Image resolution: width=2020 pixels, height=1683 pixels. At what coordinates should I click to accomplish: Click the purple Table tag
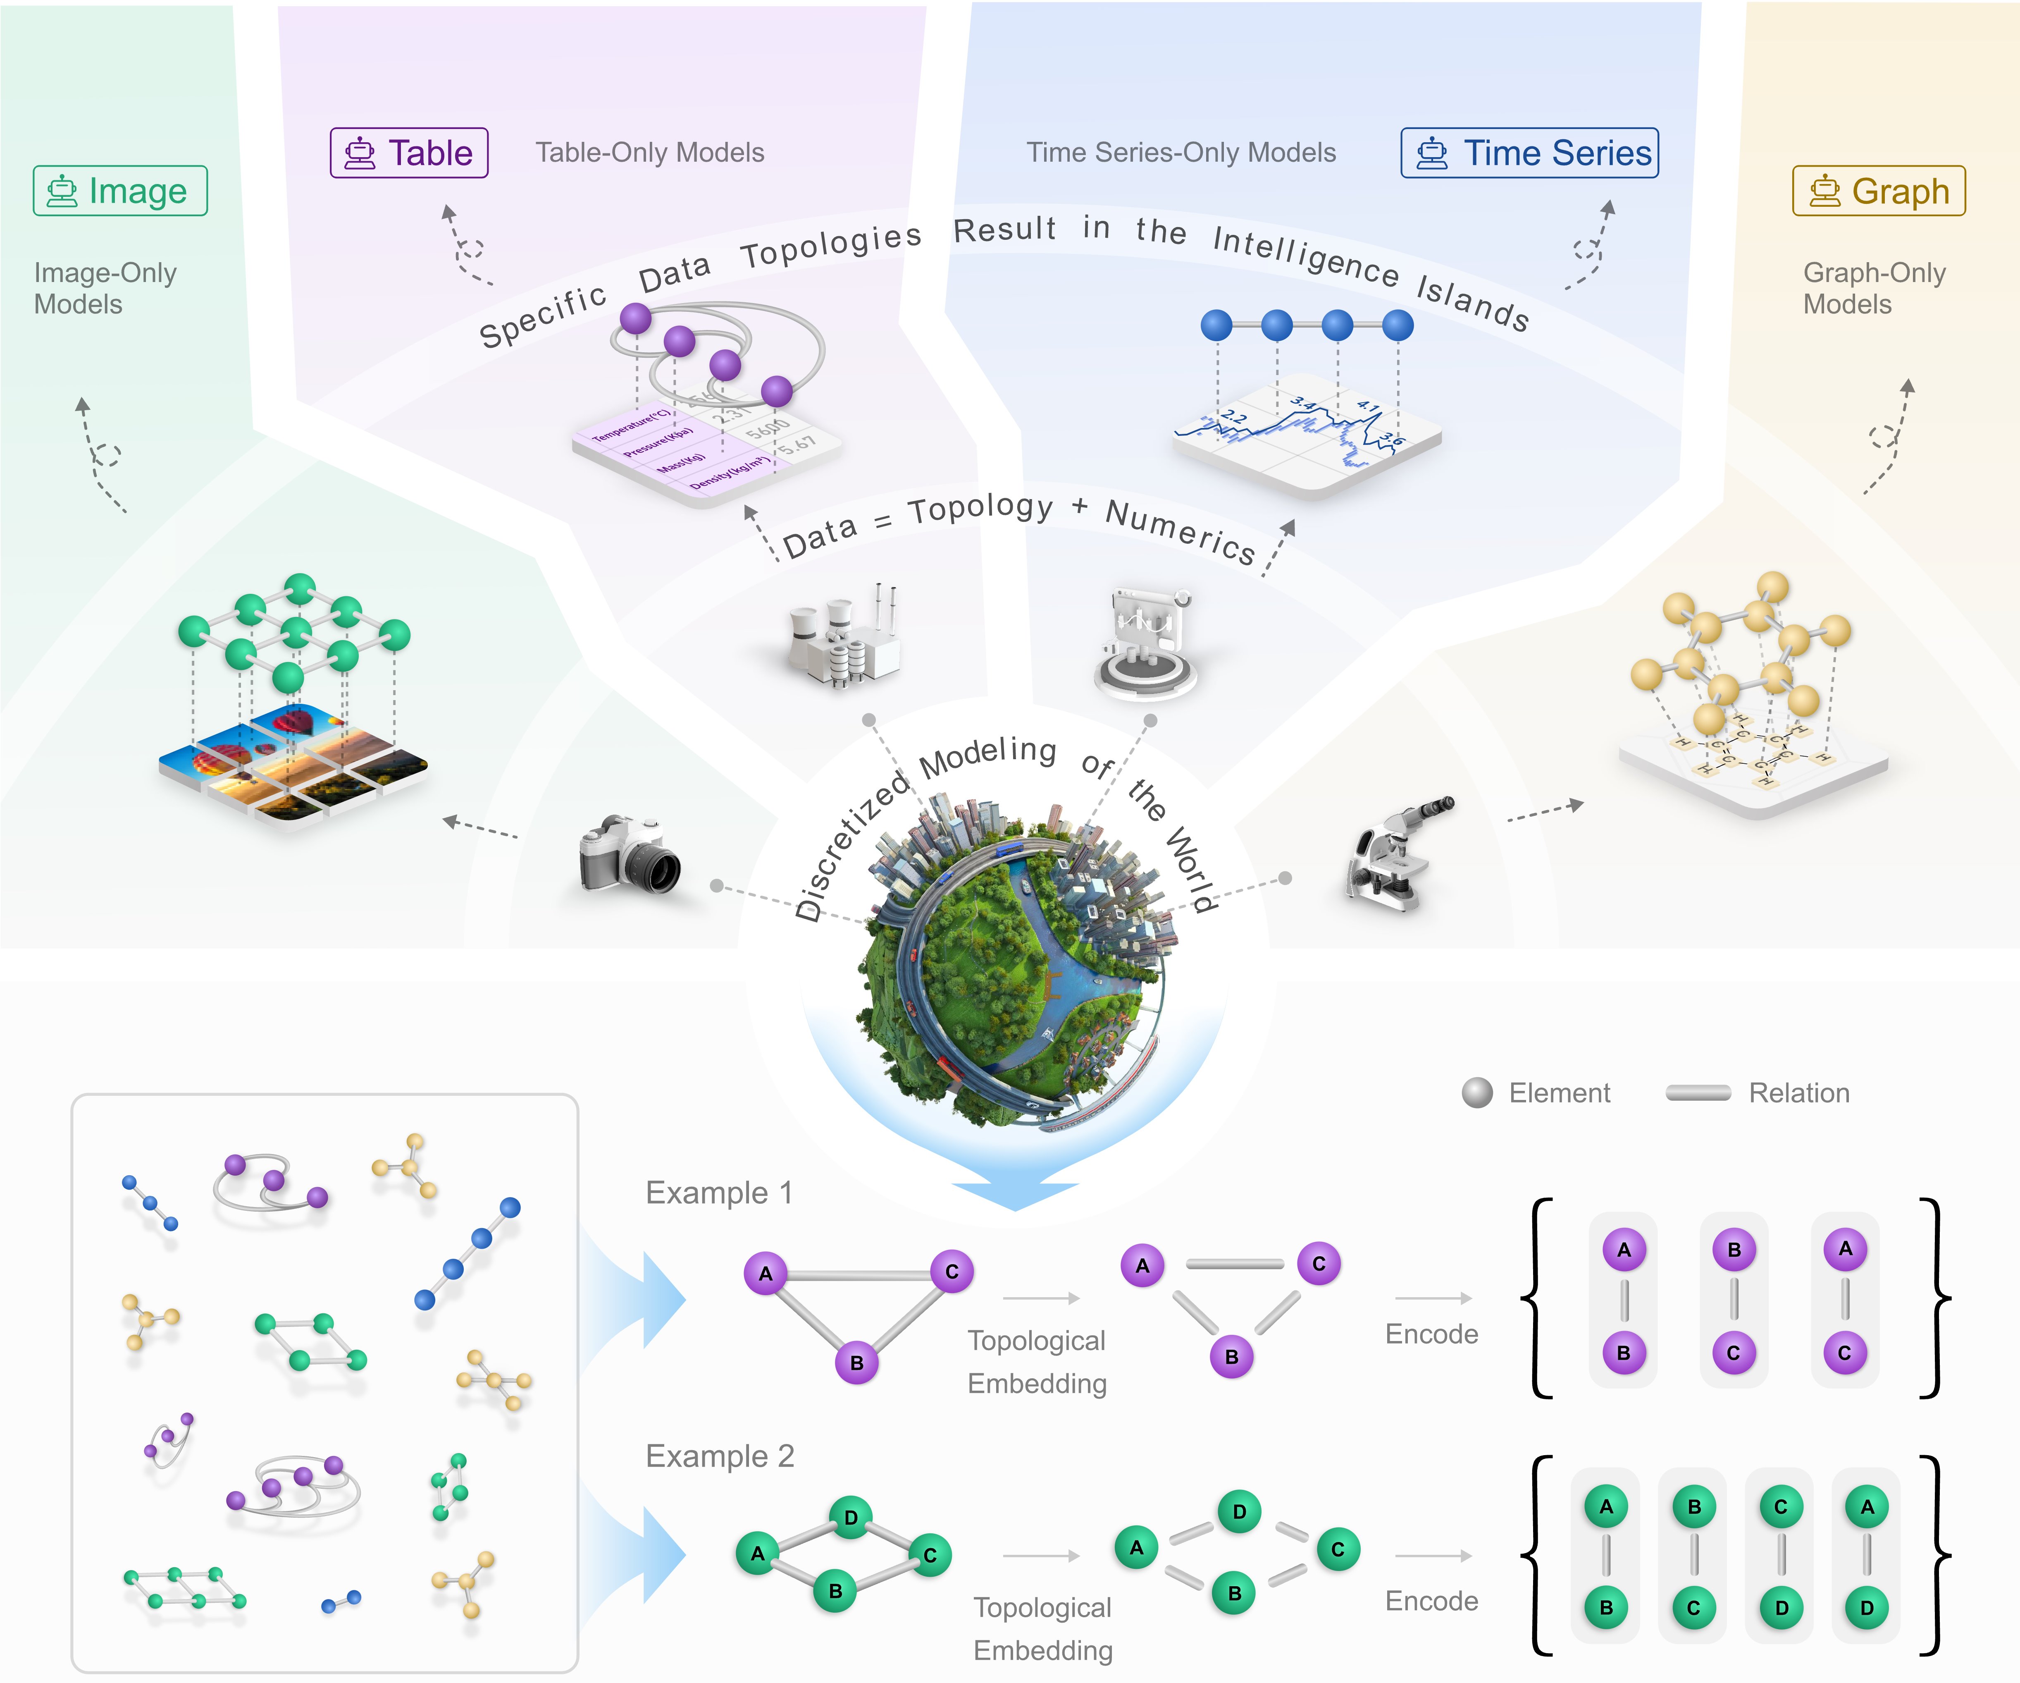point(409,153)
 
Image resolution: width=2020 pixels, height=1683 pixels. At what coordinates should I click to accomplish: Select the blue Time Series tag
point(1529,153)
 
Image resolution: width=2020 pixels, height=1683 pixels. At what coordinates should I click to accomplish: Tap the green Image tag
point(120,191)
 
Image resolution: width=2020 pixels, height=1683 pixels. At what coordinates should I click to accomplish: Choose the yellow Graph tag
point(1879,191)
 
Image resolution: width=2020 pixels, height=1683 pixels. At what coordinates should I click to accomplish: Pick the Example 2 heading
point(720,1456)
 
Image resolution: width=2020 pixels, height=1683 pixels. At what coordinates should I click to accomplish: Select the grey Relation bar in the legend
point(1698,1093)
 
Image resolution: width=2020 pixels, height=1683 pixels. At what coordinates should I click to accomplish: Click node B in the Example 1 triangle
point(856,1363)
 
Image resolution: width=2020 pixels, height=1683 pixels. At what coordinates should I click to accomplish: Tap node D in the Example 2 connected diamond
point(850,1518)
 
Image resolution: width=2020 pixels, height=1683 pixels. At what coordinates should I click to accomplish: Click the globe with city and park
point(1015,962)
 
